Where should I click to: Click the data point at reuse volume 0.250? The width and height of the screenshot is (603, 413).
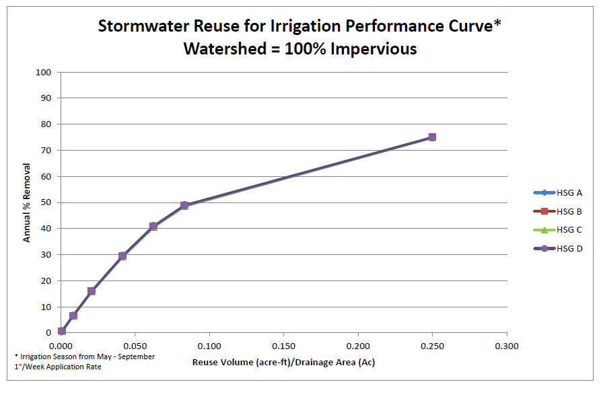tap(432, 137)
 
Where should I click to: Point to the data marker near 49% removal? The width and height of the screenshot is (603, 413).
tap(184, 205)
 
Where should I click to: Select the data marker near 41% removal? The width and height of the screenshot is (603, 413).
tap(153, 226)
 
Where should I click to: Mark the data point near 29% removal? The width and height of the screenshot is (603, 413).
tap(122, 256)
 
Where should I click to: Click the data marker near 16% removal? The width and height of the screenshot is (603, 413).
tap(92, 291)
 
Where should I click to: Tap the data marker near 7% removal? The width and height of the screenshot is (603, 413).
tap(73, 315)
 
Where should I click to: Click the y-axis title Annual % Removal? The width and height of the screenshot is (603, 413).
tap(27, 202)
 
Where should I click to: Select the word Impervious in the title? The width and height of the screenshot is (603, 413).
tap(377, 48)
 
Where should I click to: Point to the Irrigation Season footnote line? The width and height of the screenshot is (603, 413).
tap(85, 356)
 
